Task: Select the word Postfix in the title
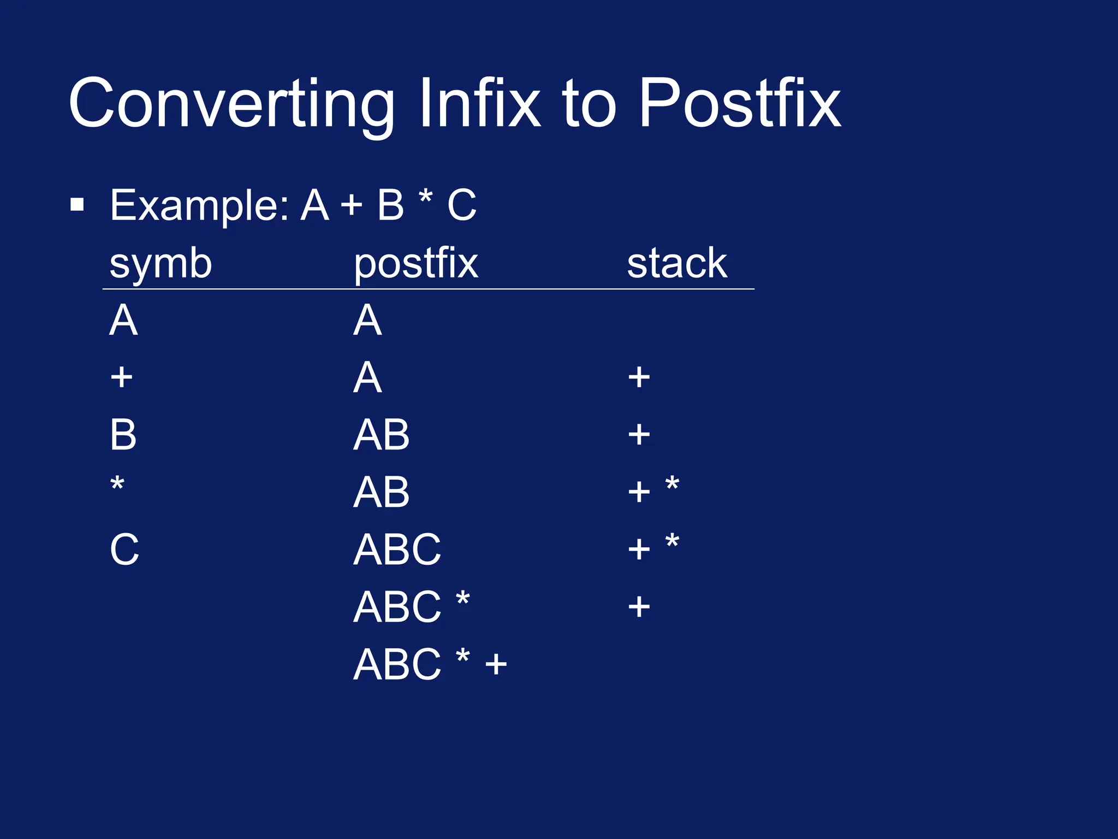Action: [740, 104]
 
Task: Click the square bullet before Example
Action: [78, 205]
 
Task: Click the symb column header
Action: [160, 264]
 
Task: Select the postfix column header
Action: [416, 264]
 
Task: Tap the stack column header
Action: [677, 263]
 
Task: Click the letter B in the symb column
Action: [123, 435]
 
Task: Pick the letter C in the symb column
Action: [124, 550]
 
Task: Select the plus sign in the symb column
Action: [121, 377]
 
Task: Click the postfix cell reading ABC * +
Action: [430, 664]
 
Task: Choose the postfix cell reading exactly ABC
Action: [397, 550]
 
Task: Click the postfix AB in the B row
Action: [381, 435]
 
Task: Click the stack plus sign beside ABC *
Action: [639, 607]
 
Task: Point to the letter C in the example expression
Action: [462, 205]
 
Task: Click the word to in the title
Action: [590, 104]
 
